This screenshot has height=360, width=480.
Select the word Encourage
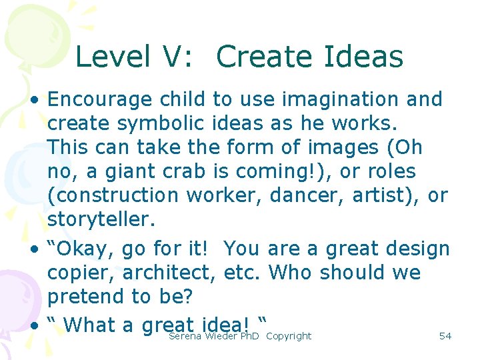coord(100,100)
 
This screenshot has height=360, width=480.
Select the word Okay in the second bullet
coord(82,249)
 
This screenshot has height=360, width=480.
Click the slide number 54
coord(445,336)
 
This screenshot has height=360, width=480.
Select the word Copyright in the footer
coord(288,336)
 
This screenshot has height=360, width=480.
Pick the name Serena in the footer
coord(185,336)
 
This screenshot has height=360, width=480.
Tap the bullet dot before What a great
coord(33,326)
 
